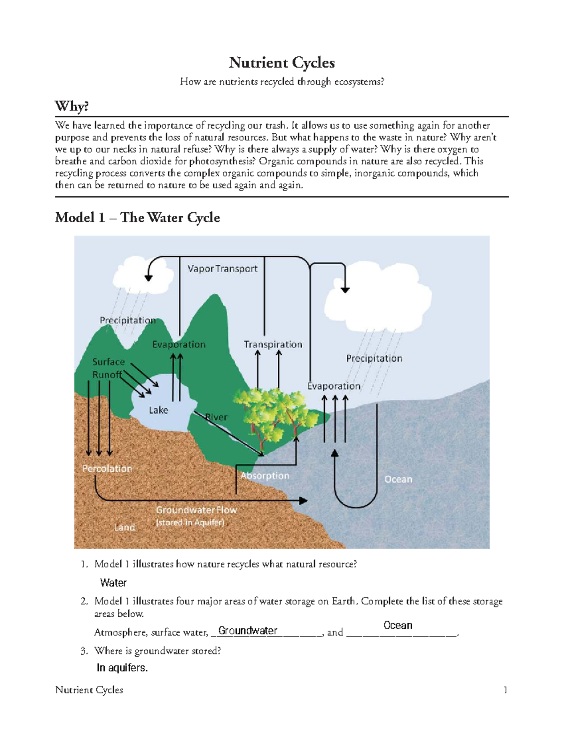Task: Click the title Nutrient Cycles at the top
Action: coord(282,62)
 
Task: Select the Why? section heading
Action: coord(71,106)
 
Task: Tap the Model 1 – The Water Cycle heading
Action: coord(137,217)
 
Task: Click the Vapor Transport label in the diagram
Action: coord(222,269)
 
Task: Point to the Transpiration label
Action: coord(273,344)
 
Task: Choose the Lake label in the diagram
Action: coord(158,410)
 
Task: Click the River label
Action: coord(216,417)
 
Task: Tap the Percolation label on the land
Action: coord(107,468)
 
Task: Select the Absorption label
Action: coord(265,476)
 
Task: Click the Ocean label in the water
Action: coord(398,479)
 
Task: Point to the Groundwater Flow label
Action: coord(196,510)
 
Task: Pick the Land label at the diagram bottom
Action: coord(124,527)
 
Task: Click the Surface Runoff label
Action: coord(108,368)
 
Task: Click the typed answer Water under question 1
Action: coord(113,583)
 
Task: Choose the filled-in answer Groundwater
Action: coord(248,630)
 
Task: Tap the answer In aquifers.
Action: coord(122,668)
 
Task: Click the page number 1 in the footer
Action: coord(505,690)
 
